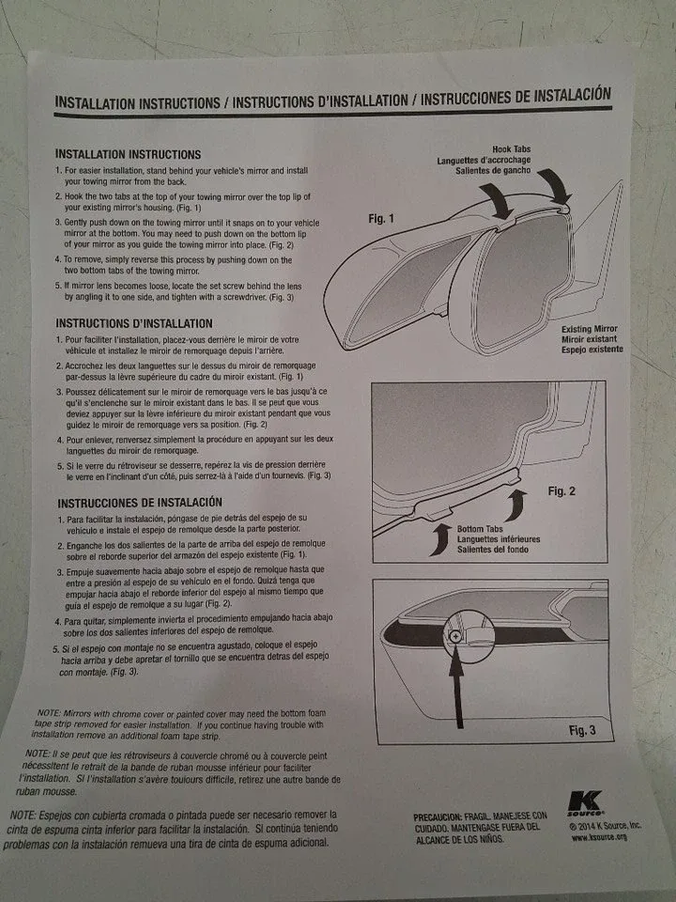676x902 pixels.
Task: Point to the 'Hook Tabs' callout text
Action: point(511,148)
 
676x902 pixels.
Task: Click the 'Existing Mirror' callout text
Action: point(591,329)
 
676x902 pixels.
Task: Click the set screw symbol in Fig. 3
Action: point(455,636)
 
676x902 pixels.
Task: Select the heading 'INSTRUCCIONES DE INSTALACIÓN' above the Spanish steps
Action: point(139,503)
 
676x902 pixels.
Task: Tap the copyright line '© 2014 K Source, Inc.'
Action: point(605,825)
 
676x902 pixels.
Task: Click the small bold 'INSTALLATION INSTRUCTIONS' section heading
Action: point(128,153)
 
